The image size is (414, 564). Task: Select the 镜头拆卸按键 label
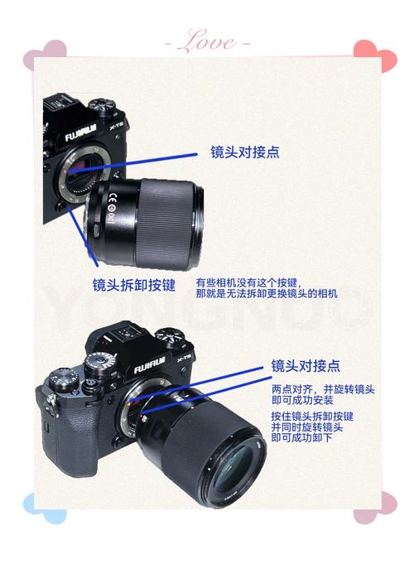coord(133,284)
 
